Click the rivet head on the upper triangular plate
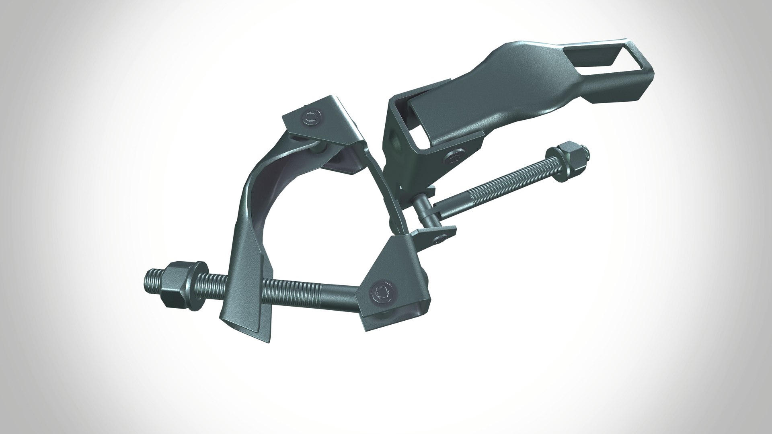(x=311, y=119)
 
